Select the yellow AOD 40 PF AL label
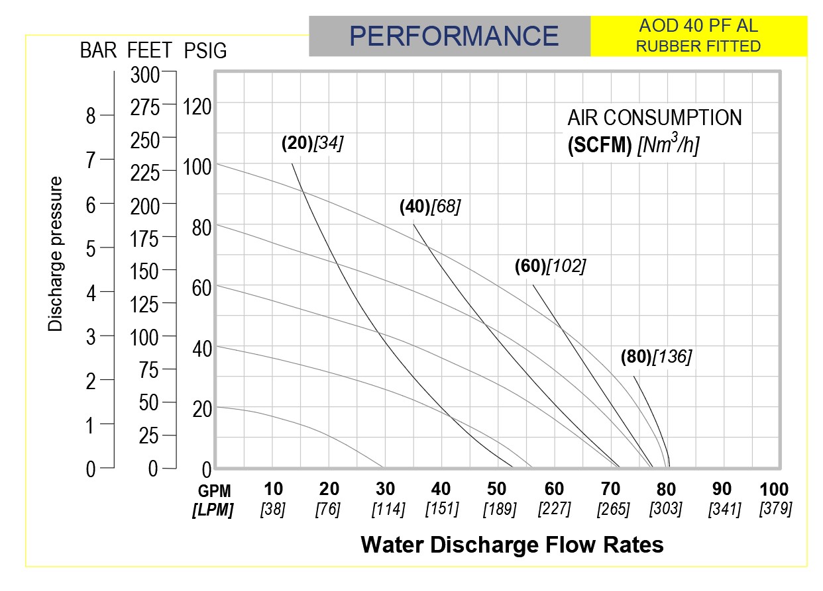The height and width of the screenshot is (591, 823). click(698, 36)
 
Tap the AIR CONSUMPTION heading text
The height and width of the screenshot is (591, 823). click(655, 118)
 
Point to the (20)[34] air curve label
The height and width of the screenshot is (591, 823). click(312, 143)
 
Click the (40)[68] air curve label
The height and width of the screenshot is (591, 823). click(429, 206)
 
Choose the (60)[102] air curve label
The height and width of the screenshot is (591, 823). click(550, 266)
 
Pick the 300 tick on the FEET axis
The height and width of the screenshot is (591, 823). click(145, 75)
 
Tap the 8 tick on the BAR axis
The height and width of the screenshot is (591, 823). click(91, 116)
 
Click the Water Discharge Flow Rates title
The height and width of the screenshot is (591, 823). click(512, 545)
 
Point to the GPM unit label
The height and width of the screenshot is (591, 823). click(215, 491)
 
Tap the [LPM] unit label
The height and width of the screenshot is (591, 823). click(213, 510)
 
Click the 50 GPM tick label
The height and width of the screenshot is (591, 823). click(496, 490)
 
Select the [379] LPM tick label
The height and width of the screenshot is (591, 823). click(774, 510)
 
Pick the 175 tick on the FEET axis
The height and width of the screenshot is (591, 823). click(145, 238)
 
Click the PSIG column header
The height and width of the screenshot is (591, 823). click(205, 50)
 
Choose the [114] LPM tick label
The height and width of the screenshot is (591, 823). click(385, 510)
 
